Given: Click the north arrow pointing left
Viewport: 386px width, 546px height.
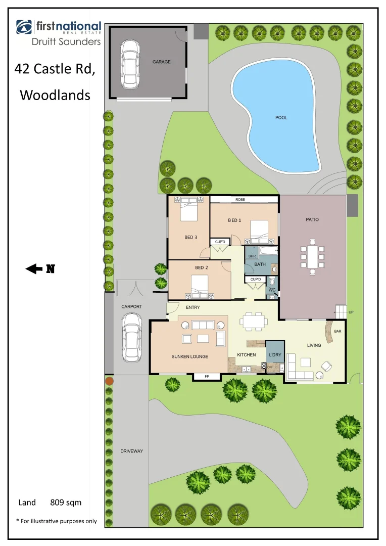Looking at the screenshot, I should pos(34,269).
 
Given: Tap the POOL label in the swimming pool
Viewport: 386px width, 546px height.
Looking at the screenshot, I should pos(281,118).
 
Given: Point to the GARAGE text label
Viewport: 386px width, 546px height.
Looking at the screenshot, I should pos(162,62).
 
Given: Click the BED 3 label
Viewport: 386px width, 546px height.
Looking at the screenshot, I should pos(190,237).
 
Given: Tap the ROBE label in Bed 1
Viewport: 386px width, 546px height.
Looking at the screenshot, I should pos(240,200).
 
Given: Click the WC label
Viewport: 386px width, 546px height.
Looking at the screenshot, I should pos(272,290).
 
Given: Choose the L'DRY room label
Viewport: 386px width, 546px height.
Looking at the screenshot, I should pos(275,355).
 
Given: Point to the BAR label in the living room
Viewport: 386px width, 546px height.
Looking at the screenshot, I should pos(338,332).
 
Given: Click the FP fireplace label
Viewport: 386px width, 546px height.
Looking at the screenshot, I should pos(207,377).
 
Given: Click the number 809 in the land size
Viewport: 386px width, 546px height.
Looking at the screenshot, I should pos(58,503).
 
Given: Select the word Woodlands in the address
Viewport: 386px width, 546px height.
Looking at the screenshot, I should pos(55,95).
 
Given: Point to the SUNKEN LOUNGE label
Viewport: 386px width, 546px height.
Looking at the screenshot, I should pos(189,356).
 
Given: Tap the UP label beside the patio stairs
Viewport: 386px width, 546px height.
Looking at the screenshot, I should pos(351,312).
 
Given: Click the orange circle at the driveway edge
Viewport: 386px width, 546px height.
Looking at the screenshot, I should pos(109,380).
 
